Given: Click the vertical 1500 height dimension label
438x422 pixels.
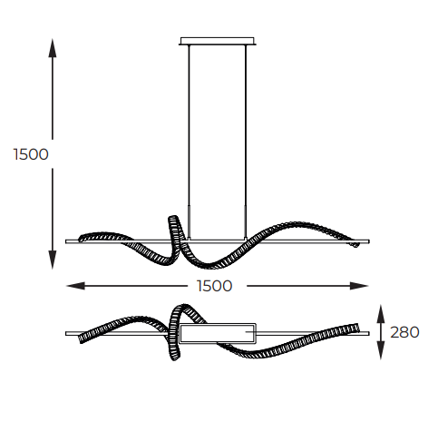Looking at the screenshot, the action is tap(31, 154).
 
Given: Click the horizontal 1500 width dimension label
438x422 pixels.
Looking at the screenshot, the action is tap(214, 286).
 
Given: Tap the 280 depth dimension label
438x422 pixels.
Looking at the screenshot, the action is tap(404, 332).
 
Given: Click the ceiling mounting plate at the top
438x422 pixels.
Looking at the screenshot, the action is tap(218, 41).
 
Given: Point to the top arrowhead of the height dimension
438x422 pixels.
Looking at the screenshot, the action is tap(53, 48).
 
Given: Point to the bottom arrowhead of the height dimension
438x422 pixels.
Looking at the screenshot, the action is tap(53, 260).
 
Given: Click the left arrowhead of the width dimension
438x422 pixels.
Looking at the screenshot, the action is tap(75, 286).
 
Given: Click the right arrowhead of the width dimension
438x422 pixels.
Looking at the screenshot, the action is tap(359, 286).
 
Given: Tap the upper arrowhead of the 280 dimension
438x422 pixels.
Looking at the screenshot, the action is tap(381, 314).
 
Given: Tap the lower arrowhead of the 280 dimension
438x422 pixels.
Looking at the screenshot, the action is tap(381, 350).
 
